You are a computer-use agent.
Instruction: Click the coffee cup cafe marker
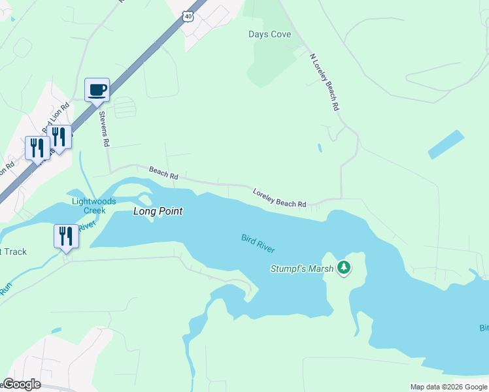[97, 90]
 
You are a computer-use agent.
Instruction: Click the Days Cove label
[269, 34]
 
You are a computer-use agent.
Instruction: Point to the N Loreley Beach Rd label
[324, 81]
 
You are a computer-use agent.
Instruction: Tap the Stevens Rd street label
[103, 128]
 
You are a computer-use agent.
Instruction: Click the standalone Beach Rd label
[163, 173]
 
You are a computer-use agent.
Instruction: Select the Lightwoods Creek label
[94, 206]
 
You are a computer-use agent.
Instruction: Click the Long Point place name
[158, 212]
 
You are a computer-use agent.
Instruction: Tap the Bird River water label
[258, 243]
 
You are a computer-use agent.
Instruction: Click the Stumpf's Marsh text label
[302, 269]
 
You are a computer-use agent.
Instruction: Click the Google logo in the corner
[22, 384]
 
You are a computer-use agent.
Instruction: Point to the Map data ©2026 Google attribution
[448, 387]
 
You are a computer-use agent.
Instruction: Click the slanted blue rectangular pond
[446, 144]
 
